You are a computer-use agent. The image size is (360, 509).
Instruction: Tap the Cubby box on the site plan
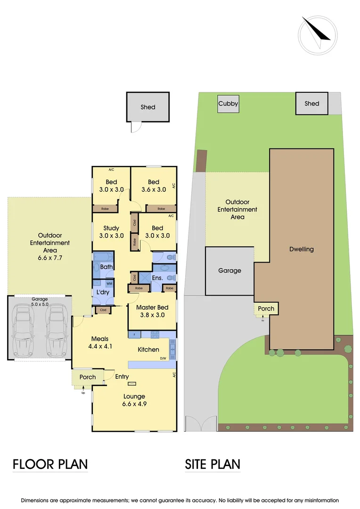(x=228, y=104)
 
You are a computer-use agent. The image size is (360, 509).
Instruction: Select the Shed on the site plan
(x=311, y=104)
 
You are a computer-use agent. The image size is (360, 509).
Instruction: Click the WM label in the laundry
(x=109, y=284)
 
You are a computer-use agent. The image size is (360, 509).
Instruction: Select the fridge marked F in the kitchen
(x=134, y=335)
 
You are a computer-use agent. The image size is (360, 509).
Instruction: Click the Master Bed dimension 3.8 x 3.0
(x=150, y=315)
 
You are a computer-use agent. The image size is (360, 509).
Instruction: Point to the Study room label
(x=111, y=229)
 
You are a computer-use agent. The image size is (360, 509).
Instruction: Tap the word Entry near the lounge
(x=122, y=377)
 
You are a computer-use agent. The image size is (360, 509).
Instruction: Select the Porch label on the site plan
(x=266, y=309)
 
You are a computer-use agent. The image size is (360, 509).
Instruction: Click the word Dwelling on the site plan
(x=302, y=249)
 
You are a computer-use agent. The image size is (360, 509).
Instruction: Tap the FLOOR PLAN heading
(x=50, y=464)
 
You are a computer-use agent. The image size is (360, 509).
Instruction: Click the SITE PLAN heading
(x=213, y=464)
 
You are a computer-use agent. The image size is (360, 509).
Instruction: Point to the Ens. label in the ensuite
(x=157, y=278)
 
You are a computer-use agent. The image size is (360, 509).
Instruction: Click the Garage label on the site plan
(x=229, y=271)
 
